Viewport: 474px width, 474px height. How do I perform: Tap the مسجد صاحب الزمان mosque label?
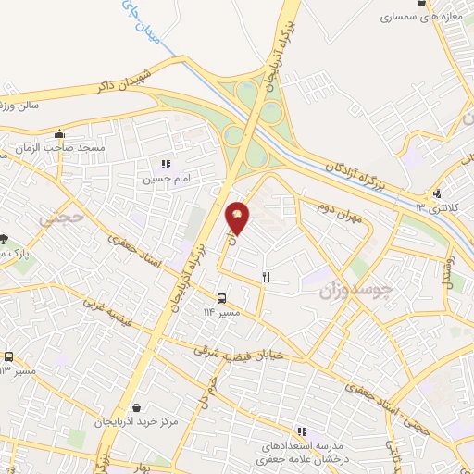[68, 148]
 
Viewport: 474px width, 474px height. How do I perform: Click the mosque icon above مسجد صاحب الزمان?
[60, 132]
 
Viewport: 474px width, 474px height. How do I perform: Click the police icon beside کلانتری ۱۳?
[436, 193]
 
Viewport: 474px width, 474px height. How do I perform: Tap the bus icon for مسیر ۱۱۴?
[221, 298]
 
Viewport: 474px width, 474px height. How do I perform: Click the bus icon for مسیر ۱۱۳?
[8, 356]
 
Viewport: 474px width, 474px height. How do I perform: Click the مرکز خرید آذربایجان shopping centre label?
[137, 422]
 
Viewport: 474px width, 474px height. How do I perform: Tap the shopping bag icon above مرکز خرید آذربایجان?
[137, 406]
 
